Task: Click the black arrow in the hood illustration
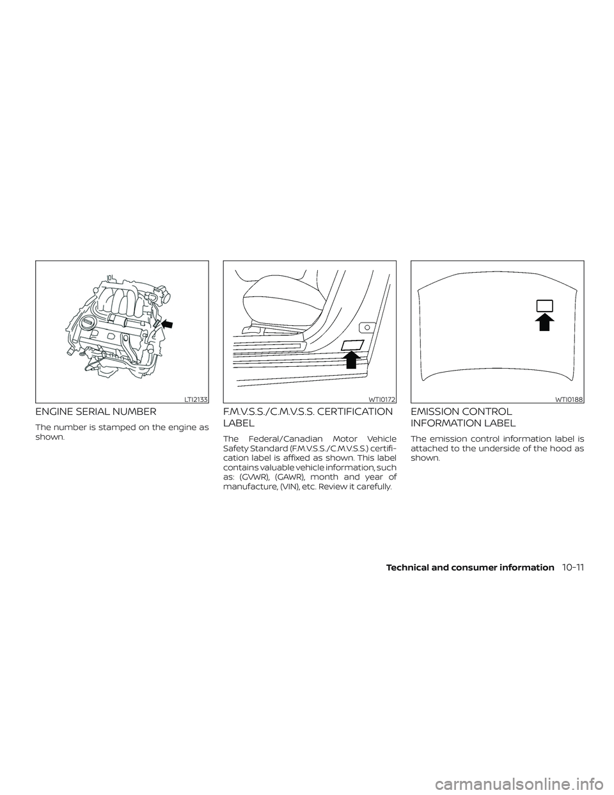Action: (x=544, y=321)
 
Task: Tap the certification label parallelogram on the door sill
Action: (x=352, y=345)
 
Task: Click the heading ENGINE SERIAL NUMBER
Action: (x=95, y=412)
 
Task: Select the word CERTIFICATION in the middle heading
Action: (x=351, y=412)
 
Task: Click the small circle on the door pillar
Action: (x=367, y=327)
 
